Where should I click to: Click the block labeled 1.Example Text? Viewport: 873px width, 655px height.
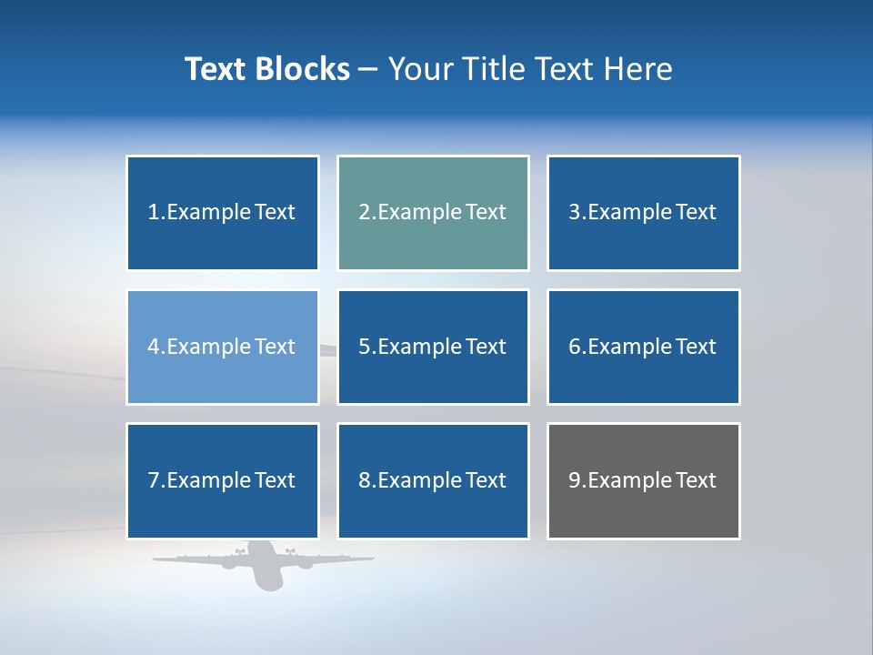[x=222, y=213]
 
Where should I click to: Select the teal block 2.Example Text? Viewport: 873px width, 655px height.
[x=433, y=213]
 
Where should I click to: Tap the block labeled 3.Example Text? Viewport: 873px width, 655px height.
[x=643, y=213]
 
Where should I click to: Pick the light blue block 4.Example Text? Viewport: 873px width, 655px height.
[x=222, y=347]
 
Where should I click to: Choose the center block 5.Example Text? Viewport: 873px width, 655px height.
[x=433, y=347]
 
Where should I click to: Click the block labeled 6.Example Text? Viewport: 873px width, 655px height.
[x=643, y=347]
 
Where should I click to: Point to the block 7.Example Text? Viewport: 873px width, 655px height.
[x=222, y=480]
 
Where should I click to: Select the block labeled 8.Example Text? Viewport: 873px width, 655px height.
[x=433, y=480]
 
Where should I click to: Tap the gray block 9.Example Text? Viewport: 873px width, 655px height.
[x=643, y=480]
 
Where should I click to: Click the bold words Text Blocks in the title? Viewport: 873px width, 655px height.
[x=267, y=69]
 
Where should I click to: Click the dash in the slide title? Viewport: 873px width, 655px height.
[x=369, y=69]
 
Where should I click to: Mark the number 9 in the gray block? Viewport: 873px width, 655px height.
[x=575, y=480]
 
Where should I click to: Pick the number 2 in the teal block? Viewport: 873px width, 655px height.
[x=364, y=213]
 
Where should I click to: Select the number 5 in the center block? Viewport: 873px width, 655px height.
[x=364, y=347]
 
